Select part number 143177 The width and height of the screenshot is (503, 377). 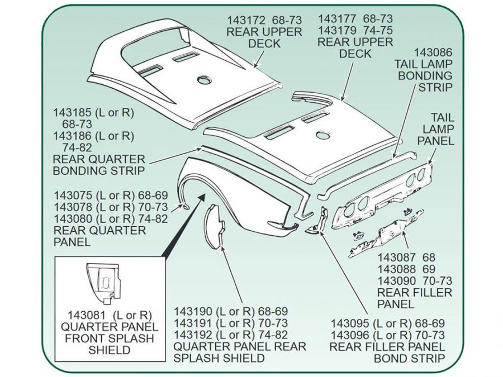tap(336, 18)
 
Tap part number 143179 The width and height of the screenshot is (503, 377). tap(336, 30)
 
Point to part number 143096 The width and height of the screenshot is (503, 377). tap(349, 335)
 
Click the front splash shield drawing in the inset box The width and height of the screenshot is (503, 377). tap(103, 279)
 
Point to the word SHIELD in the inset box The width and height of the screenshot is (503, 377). tap(110, 351)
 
